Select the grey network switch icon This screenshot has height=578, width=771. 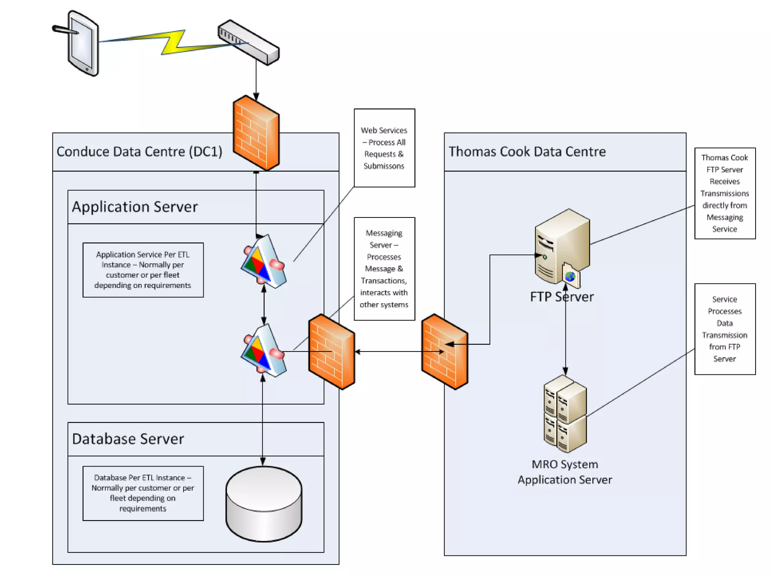(248, 42)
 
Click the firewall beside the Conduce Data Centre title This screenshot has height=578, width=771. (256, 132)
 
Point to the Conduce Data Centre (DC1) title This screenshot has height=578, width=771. (139, 152)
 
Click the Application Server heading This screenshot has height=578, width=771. (135, 207)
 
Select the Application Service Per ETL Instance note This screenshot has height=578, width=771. (143, 270)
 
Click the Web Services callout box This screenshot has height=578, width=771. (384, 148)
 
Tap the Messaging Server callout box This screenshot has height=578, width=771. (384, 269)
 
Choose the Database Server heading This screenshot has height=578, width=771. (128, 439)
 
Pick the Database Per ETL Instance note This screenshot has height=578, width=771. (143, 493)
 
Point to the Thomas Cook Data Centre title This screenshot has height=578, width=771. (527, 152)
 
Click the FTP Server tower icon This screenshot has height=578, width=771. (561, 245)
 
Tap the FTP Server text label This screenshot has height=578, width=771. (562, 297)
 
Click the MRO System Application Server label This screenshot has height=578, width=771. (565, 472)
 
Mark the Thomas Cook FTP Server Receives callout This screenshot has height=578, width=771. (725, 193)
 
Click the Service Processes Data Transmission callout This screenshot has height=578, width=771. (725, 329)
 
